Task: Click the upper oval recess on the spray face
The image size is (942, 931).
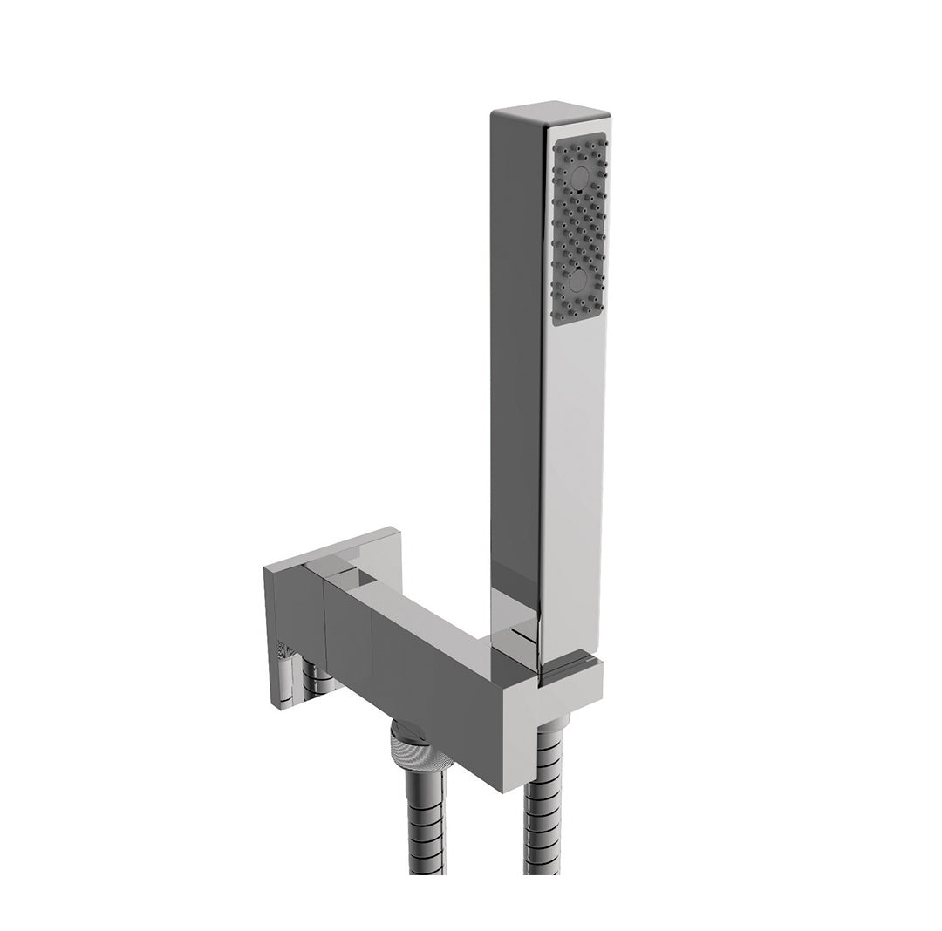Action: click(x=578, y=180)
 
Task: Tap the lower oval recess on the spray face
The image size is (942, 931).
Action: click(x=578, y=279)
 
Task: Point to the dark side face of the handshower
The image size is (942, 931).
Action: click(x=515, y=349)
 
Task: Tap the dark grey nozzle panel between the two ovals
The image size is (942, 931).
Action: click(x=578, y=228)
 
